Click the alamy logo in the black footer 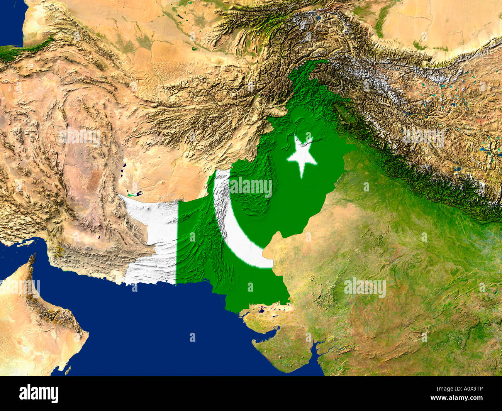tap(39, 394)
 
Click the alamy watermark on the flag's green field tap(250, 187)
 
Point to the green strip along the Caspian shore tap(27, 49)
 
